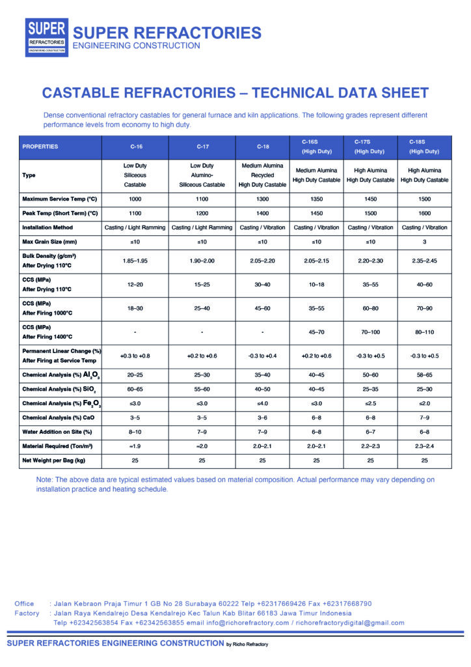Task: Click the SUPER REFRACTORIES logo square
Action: tap(46, 37)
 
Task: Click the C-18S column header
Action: tap(424, 147)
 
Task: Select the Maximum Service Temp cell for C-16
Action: tap(135, 199)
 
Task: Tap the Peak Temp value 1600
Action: tap(424, 213)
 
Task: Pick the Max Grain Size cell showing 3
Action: tap(424, 242)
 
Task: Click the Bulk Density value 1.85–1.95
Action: tap(135, 261)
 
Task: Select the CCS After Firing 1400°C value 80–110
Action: tap(424, 332)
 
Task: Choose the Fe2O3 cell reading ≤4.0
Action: tap(262, 403)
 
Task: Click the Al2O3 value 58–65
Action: tap(424, 375)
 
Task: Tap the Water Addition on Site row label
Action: tap(57, 432)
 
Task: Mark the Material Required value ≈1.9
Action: tap(135, 446)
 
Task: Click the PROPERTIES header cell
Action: tap(40, 147)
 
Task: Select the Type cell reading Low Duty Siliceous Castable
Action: tap(135, 175)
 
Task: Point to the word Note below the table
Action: tap(45, 479)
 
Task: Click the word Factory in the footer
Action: tap(27, 613)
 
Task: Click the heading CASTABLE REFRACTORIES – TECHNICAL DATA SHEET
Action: tap(235, 92)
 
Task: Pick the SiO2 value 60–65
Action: tap(135, 389)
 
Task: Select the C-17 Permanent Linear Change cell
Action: tap(202, 356)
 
